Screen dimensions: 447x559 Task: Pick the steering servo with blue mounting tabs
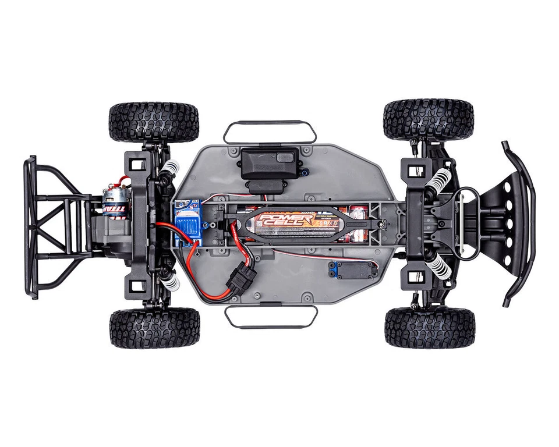(352, 269)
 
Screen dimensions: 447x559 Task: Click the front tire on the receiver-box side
(428, 119)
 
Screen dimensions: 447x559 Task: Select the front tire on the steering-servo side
(429, 328)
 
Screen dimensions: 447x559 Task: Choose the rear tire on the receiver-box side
(154, 122)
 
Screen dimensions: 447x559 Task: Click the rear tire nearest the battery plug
(154, 328)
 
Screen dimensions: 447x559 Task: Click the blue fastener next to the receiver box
(303, 171)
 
